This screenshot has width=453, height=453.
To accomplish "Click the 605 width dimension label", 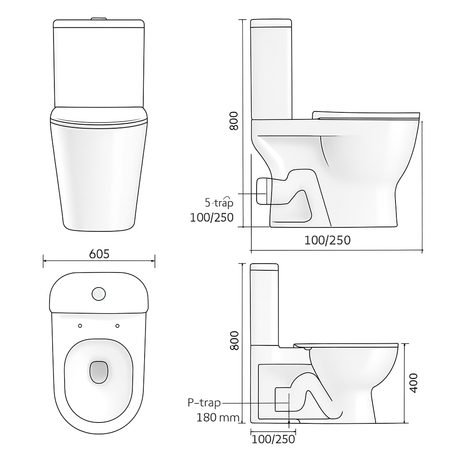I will pos(99,254).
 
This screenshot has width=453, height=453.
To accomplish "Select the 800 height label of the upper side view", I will pos(234,121).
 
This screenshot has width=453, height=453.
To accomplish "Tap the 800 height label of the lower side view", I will pos(234,340).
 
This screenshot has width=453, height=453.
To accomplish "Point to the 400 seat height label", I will pos(413,383).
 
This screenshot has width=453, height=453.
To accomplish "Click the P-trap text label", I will pos(204,403).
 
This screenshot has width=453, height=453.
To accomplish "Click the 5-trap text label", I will pos(219,203).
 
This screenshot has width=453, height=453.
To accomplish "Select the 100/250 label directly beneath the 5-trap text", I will pos(211,218).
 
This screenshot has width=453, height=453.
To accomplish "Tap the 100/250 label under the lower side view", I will pos(273,439).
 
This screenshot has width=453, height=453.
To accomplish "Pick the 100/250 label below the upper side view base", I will pos(327,240).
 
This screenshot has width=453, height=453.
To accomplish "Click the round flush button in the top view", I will pos(99,293).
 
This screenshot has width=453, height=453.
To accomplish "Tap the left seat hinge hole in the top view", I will pos(80,326).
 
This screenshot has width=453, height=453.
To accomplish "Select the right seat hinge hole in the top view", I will pos(118,326).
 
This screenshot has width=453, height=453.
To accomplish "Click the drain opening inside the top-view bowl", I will pos(99,372).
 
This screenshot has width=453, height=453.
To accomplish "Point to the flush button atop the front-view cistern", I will pos(99,19).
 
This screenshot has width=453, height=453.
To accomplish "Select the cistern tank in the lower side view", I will pos(265,305).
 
